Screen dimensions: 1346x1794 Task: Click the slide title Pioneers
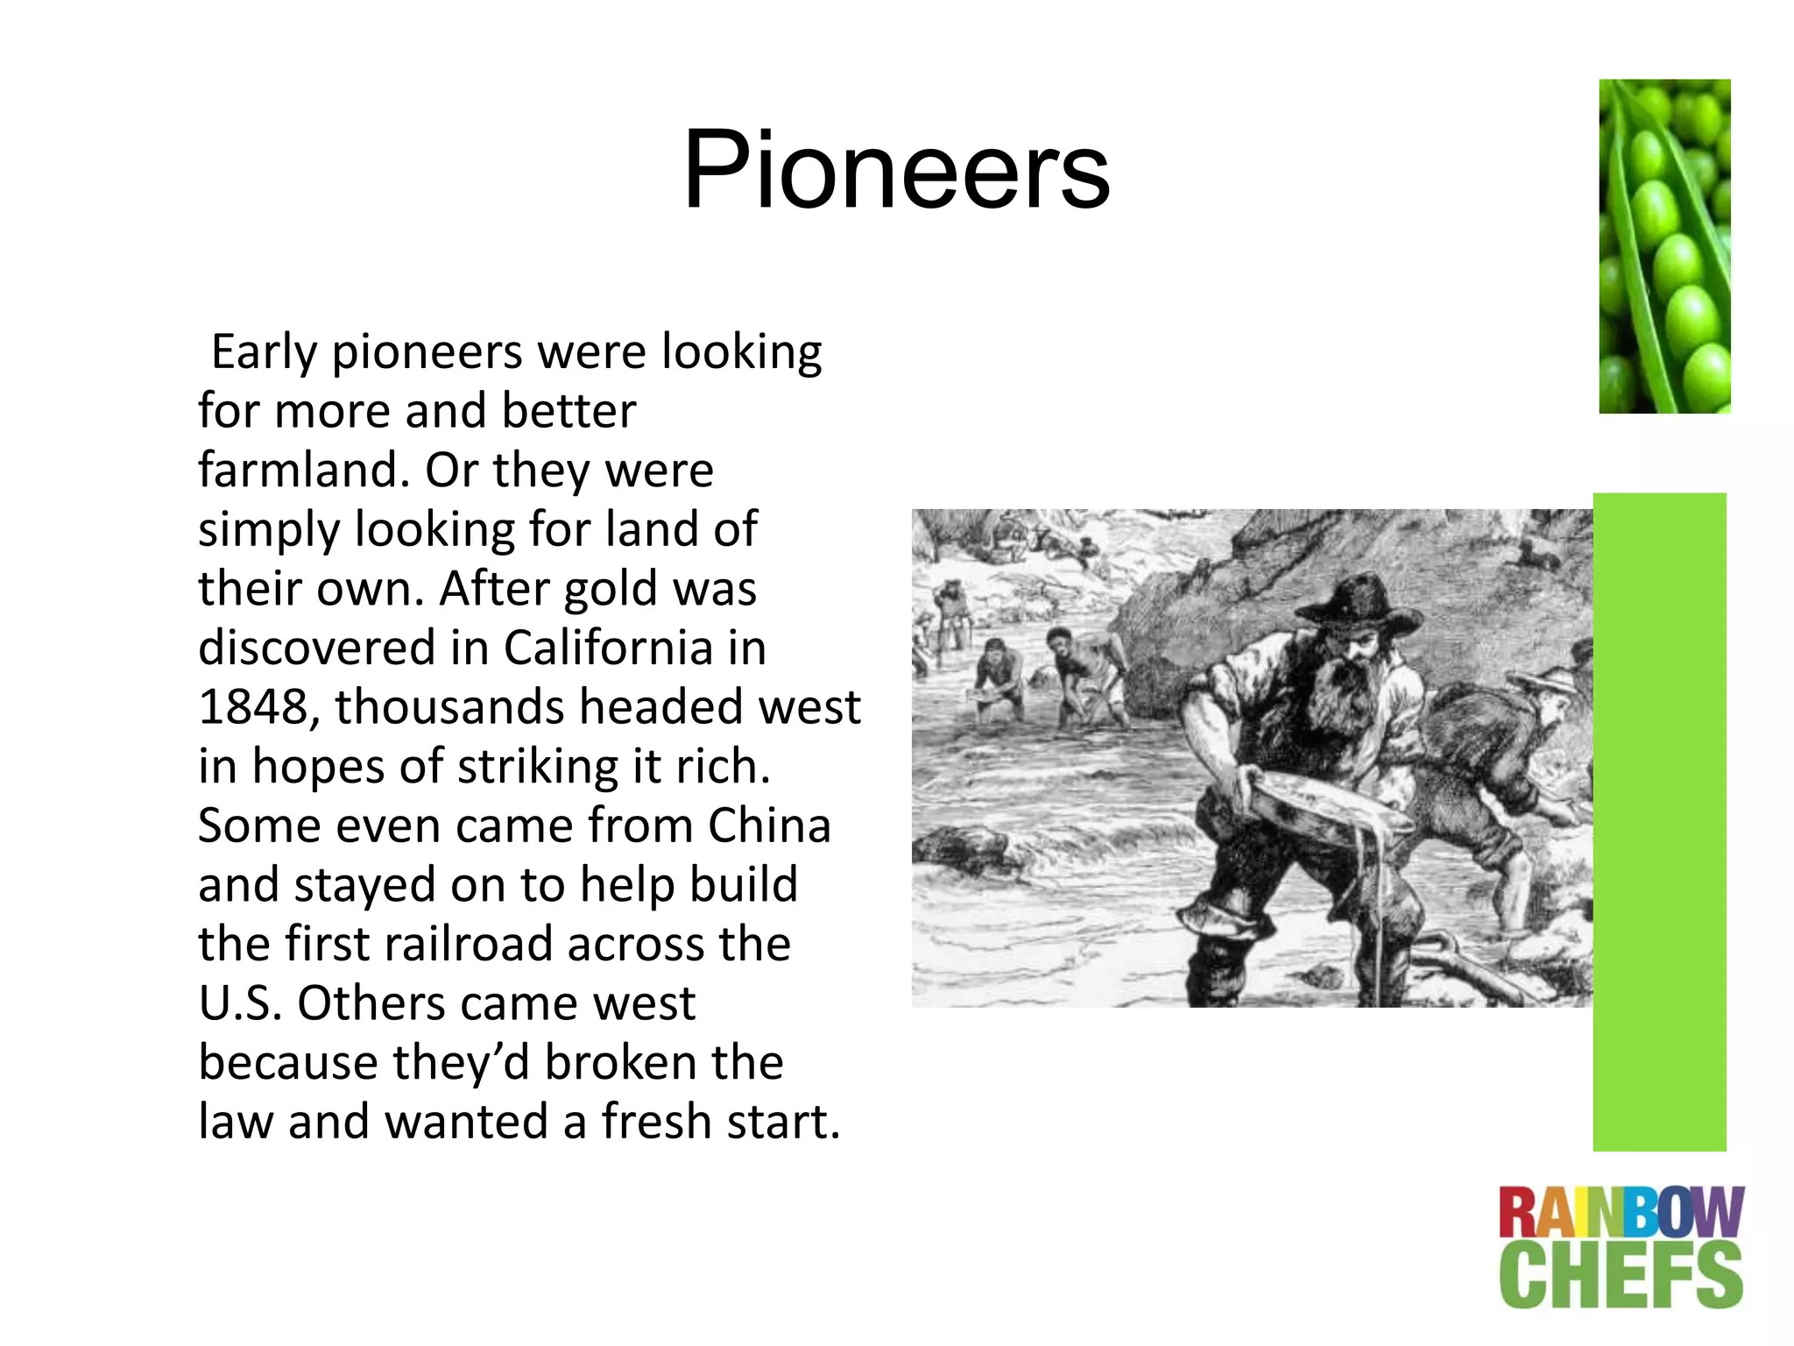(x=896, y=169)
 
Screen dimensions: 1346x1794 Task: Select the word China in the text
(x=769, y=825)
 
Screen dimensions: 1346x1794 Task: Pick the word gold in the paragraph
(x=601, y=589)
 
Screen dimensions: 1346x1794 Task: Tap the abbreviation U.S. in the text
(x=240, y=1002)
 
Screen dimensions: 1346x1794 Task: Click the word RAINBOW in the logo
(x=1621, y=1213)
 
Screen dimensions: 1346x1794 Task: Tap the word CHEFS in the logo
(x=1621, y=1275)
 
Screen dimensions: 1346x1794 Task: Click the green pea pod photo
(x=1664, y=245)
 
